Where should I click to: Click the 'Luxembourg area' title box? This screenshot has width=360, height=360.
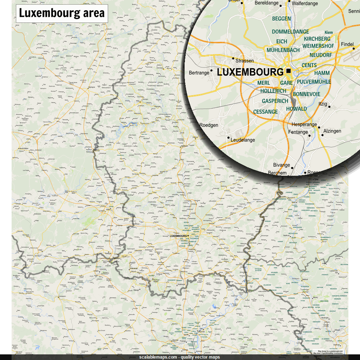pos(62,13)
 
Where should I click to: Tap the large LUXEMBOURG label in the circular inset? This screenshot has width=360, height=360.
pos(250,72)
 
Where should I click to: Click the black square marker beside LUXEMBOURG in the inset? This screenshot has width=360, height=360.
pos(289,71)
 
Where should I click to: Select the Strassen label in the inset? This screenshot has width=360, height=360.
pos(244,60)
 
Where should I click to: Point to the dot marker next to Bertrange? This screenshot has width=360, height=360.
pos(212,71)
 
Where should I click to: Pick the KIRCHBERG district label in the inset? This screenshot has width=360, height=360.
pos(317,39)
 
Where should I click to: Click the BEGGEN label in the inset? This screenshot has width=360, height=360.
pos(281,19)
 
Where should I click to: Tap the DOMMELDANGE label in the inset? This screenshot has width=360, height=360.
pos(290,32)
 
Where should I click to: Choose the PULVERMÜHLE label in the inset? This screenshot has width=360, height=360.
pos(314,82)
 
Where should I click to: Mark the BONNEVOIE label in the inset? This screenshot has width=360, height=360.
pos(306,94)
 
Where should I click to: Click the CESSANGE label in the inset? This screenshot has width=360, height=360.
pos(265,112)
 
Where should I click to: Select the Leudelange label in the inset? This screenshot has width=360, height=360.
pos(243,140)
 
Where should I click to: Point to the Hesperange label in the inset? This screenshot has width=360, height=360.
pos(304,124)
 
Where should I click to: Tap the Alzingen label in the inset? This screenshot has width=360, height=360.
pos(332,131)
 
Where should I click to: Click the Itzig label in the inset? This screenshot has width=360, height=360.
pos(322,104)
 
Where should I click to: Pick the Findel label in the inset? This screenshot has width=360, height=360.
pos(347,44)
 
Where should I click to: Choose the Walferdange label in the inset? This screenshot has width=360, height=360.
pos(305,3)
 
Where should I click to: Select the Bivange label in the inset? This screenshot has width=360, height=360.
pos(282,165)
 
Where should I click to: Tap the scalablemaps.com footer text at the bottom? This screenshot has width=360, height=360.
pos(180,357)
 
